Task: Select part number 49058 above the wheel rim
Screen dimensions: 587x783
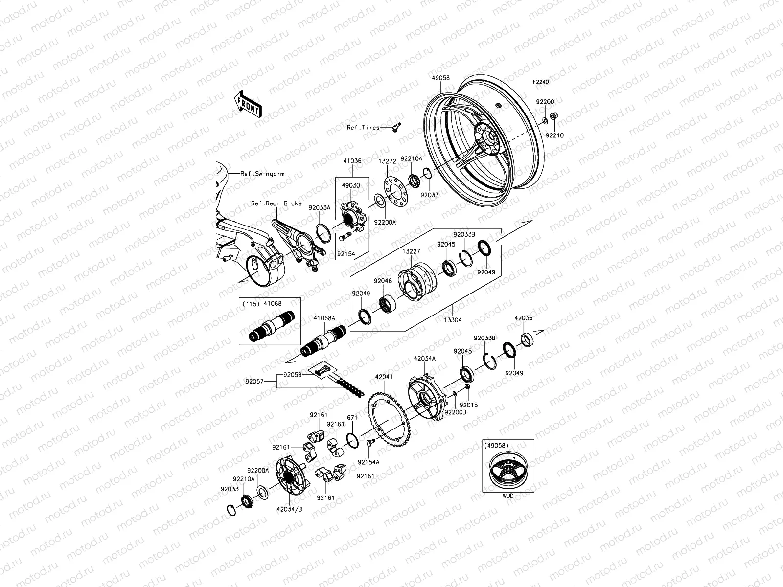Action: [440, 78]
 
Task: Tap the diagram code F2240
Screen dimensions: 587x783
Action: [541, 83]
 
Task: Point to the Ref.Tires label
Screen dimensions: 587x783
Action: [363, 128]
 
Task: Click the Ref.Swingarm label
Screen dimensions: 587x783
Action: [262, 174]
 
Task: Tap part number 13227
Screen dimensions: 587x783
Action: [411, 251]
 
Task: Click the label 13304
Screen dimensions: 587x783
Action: [452, 320]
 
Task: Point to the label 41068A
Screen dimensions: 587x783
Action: [324, 318]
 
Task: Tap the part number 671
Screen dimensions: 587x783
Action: [352, 417]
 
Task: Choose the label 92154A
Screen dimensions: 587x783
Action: [368, 462]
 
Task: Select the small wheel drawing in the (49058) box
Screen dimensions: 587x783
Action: [508, 472]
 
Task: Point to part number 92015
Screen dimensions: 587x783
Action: [468, 405]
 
